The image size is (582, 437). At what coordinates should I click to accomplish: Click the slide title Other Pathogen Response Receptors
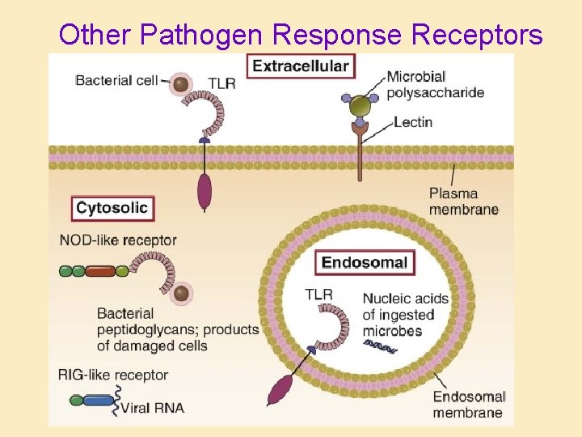[x=301, y=34]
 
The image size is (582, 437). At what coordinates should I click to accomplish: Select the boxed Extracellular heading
[x=301, y=66]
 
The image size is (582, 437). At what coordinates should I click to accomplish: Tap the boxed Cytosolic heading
[x=112, y=208]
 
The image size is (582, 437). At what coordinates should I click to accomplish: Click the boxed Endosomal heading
[x=364, y=262]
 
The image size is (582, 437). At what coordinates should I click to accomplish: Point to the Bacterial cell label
[x=117, y=81]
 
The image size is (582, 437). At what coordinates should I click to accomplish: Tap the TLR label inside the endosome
[x=318, y=294]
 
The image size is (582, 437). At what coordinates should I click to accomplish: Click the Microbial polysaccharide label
[x=435, y=84]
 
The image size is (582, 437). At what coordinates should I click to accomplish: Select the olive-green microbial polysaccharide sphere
[x=360, y=105]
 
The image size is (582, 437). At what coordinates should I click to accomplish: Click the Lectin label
[x=413, y=122]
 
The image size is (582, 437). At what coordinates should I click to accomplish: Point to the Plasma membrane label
[x=464, y=202]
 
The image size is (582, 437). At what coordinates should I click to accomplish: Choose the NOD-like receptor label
[x=118, y=240]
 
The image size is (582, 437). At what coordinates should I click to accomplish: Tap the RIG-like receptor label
[x=113, y=375]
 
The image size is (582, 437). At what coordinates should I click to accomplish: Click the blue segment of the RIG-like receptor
[x=99, y=400]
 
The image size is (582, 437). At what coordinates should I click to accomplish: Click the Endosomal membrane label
[x=469, y=404]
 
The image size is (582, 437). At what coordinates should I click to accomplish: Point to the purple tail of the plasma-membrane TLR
[x=205, y=192]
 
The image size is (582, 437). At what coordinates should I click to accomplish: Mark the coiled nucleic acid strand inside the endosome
[x=381, y=346]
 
